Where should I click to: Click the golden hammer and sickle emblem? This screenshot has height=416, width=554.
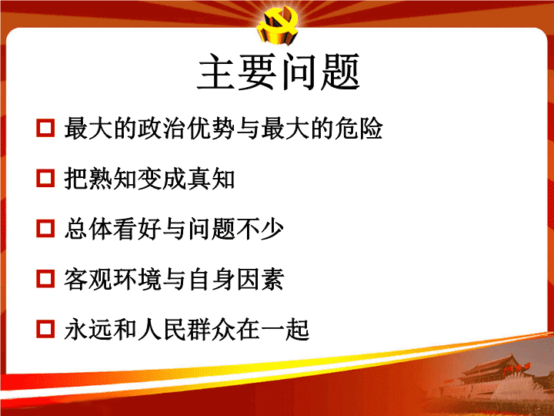coord(278,25)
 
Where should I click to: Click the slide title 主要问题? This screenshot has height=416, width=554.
coord(279,72)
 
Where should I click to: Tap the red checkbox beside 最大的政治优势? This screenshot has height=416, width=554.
coord(45,128)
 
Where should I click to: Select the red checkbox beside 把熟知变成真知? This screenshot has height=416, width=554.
coord(45,178)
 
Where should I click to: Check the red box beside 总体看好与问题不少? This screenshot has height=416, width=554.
coord(45,229)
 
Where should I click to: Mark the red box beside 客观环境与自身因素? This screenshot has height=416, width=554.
coord(45,279)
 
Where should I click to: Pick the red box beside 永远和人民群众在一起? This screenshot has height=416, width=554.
coord(45,329)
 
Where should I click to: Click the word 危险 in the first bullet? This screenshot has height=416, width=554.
coord(359,128)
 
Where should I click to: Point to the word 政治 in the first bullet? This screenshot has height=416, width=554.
coord(162,128)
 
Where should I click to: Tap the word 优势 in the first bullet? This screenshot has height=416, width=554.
coord(211,128)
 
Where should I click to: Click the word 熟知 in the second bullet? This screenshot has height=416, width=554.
coord(112,179)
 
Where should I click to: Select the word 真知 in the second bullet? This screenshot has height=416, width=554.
coord(211,179)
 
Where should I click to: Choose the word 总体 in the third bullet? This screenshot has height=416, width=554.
coord(88,229)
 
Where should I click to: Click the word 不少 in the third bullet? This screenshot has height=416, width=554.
coord(260,229)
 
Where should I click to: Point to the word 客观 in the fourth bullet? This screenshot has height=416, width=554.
coord(88,279)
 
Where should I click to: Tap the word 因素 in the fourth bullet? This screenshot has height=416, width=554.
coord(260,279)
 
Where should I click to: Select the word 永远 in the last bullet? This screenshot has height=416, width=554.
coord(88,330)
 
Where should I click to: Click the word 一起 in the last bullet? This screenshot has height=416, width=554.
coord(285,330)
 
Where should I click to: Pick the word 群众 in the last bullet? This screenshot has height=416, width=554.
coord(211,330)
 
